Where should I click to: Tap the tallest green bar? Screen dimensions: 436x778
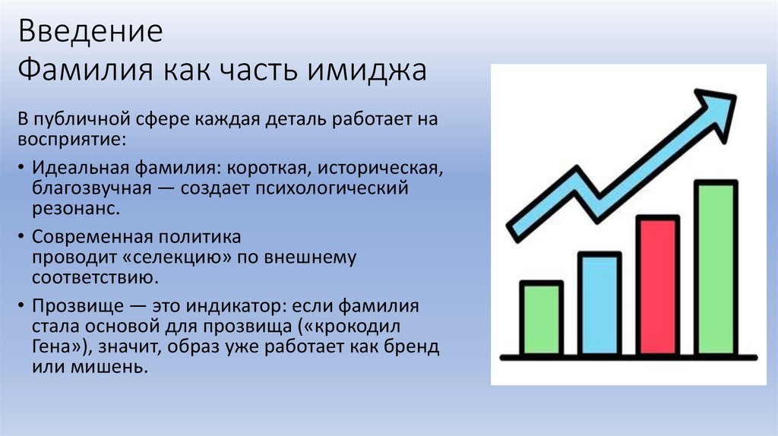point(716,267)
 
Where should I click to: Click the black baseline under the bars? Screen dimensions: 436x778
point(628,357)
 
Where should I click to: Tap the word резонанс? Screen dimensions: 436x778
point(74,207)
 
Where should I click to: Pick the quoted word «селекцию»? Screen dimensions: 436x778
point(182,257)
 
